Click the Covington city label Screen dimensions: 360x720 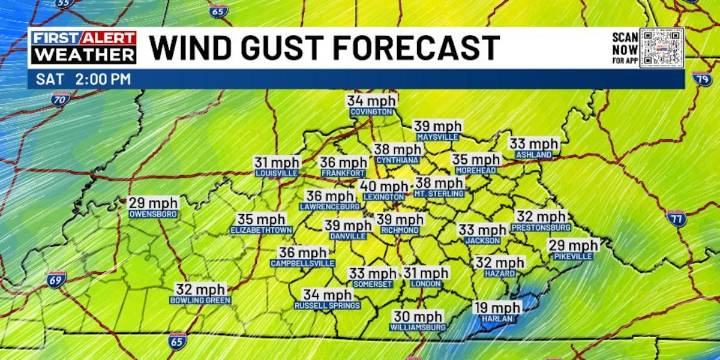(x=372, y=114)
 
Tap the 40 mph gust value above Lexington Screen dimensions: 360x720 (x=383, y=186)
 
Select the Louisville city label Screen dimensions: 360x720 (x=276, y=174)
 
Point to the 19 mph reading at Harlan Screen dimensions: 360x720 (x=496, y=308)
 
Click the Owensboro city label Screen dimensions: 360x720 (x=152, y=214)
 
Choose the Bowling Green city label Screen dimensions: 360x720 (x=200, y=301)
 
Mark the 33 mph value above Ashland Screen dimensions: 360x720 (x=534, y=144)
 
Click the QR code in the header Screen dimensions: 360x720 (x=662, y=48)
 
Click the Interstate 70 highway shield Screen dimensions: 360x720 (x=61, y=100)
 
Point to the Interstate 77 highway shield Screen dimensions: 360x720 (x=677, y=218)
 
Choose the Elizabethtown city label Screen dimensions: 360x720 (x=261, y=230)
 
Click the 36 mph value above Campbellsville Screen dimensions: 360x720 (x=302, y=252)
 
